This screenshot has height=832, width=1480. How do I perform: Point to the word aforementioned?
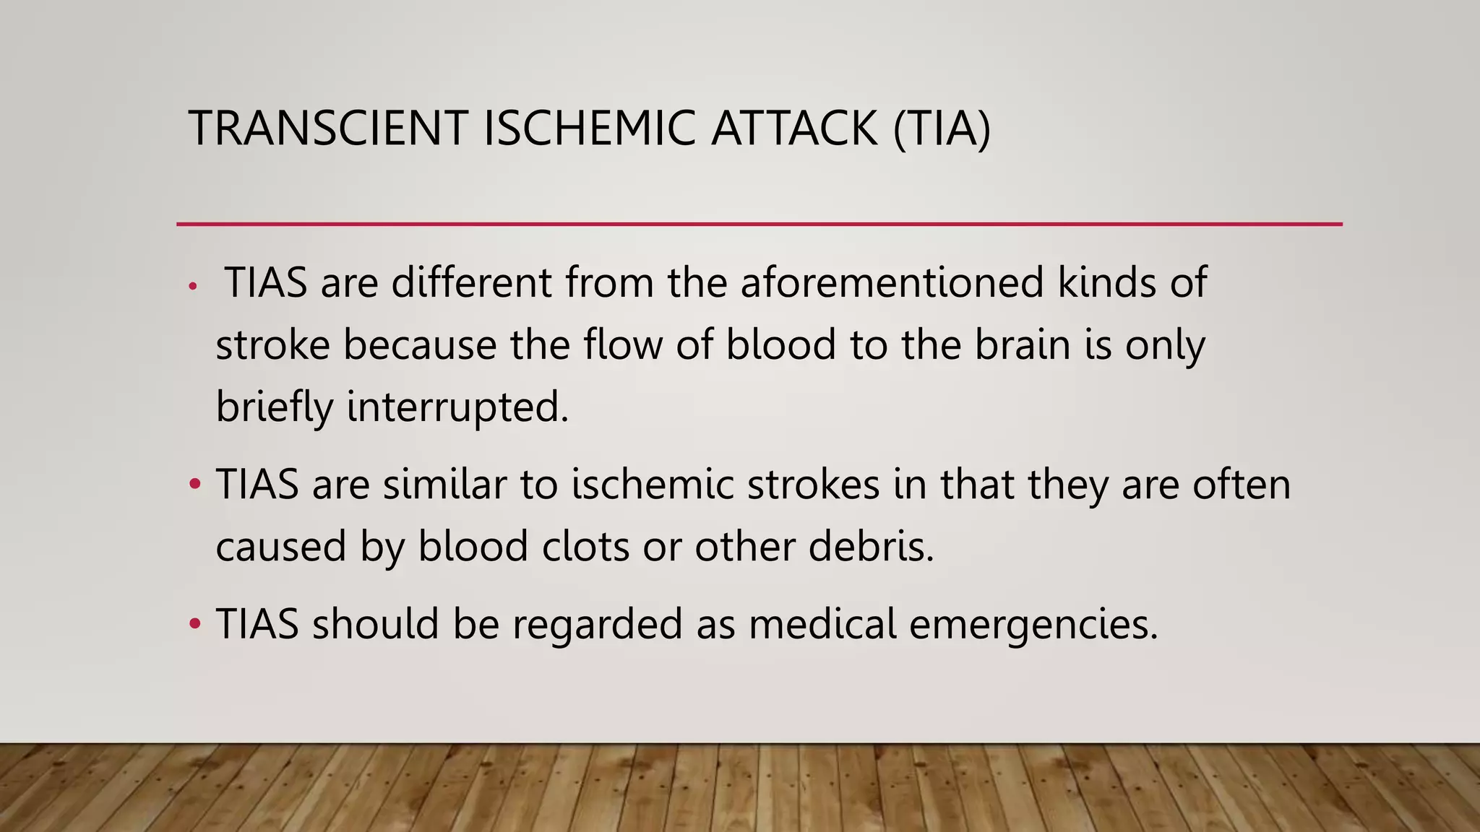892,282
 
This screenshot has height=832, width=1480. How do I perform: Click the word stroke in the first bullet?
272,344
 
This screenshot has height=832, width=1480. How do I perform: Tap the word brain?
1022,344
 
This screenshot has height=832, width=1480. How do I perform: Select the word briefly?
275,407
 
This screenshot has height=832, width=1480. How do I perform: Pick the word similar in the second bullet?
444,484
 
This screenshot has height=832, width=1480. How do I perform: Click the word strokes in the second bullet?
813,484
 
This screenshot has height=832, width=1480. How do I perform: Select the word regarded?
597,623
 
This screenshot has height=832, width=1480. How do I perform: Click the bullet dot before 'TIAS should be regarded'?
194,623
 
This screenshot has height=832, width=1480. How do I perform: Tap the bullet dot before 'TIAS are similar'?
194,484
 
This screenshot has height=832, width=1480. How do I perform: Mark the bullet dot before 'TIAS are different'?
192,287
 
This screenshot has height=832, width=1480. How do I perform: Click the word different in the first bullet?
472,282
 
